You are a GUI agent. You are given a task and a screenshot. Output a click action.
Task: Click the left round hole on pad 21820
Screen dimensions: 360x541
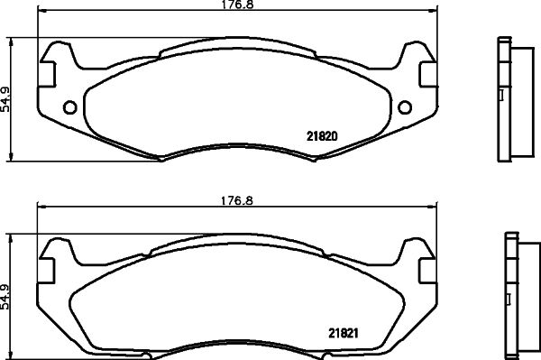point(69,109)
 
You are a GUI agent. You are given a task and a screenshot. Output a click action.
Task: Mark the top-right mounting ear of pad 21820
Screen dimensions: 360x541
point(414,56)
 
